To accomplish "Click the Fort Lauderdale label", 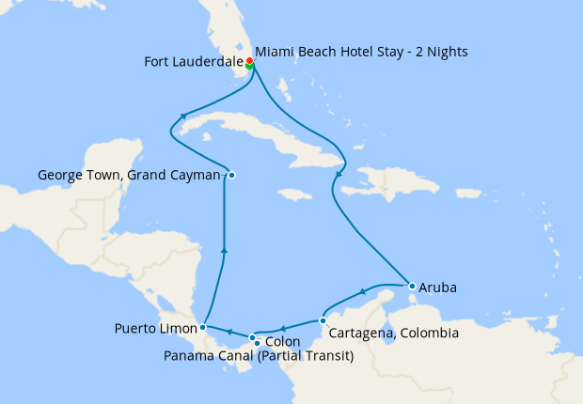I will (x=192, y=63).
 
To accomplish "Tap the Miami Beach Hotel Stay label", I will (x=361, y=50).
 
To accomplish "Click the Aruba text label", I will (x=437, y=287).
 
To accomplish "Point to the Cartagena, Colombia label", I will (x=394, y=334).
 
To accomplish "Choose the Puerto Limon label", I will (x=155, y=329).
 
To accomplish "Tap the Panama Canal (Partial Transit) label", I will (x=259, y=356).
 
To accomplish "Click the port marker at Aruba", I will (x=412, y=286).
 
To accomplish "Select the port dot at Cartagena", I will (x=323, y=320).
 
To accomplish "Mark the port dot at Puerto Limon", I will (x=203, y=328).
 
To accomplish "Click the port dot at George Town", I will (x=231, y=175).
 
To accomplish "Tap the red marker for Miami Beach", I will (x=249, y=61).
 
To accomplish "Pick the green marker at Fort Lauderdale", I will (x=249, y=67).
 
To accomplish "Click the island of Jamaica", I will (x=295, y=194).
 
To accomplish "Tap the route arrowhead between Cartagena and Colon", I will (x=284, y=327).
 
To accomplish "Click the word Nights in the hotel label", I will (x=445, y=50).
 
